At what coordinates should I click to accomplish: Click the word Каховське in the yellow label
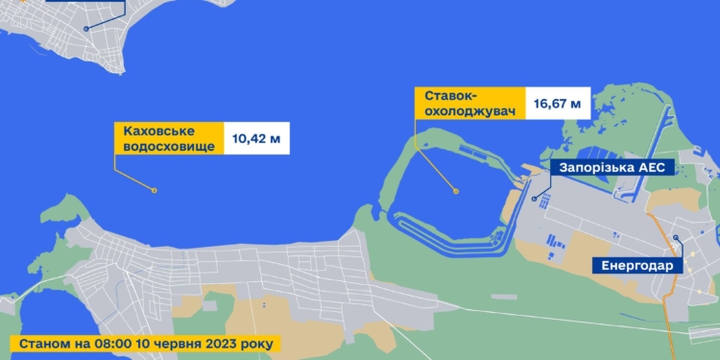156,131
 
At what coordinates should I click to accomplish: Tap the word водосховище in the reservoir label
164,146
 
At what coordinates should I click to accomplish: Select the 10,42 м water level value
256,138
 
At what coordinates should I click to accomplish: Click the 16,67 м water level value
558,103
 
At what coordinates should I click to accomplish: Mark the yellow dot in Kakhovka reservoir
154,191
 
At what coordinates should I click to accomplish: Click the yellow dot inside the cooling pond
457,192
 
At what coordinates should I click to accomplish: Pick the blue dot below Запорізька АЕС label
535,199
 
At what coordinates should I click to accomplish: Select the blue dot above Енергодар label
676,238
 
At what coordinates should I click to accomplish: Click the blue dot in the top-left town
84,29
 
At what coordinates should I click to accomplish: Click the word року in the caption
256,342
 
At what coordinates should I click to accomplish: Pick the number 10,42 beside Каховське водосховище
249,138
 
